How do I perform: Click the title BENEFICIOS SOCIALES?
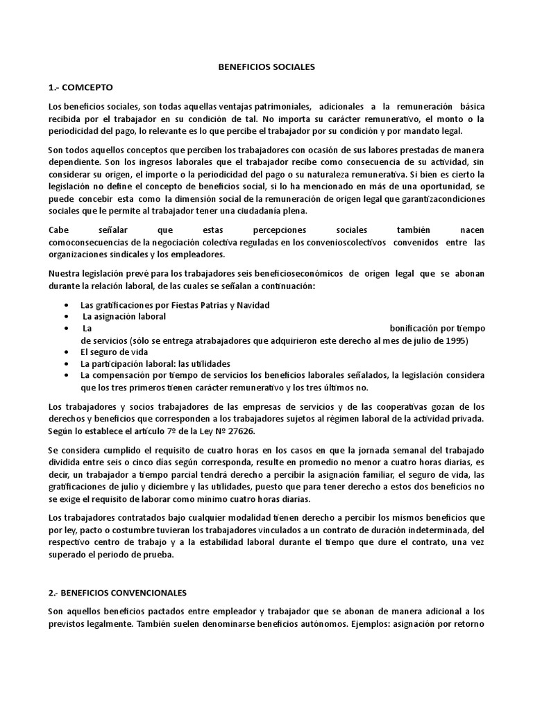(x=266, y=67)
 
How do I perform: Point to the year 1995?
(x=456, y=340)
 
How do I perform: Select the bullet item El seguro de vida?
(x=110, y=352)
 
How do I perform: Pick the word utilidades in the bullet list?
(x=205, y=363)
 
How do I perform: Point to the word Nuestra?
(x=65, y=273)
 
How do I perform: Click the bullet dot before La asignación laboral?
(x=65, y=316)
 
